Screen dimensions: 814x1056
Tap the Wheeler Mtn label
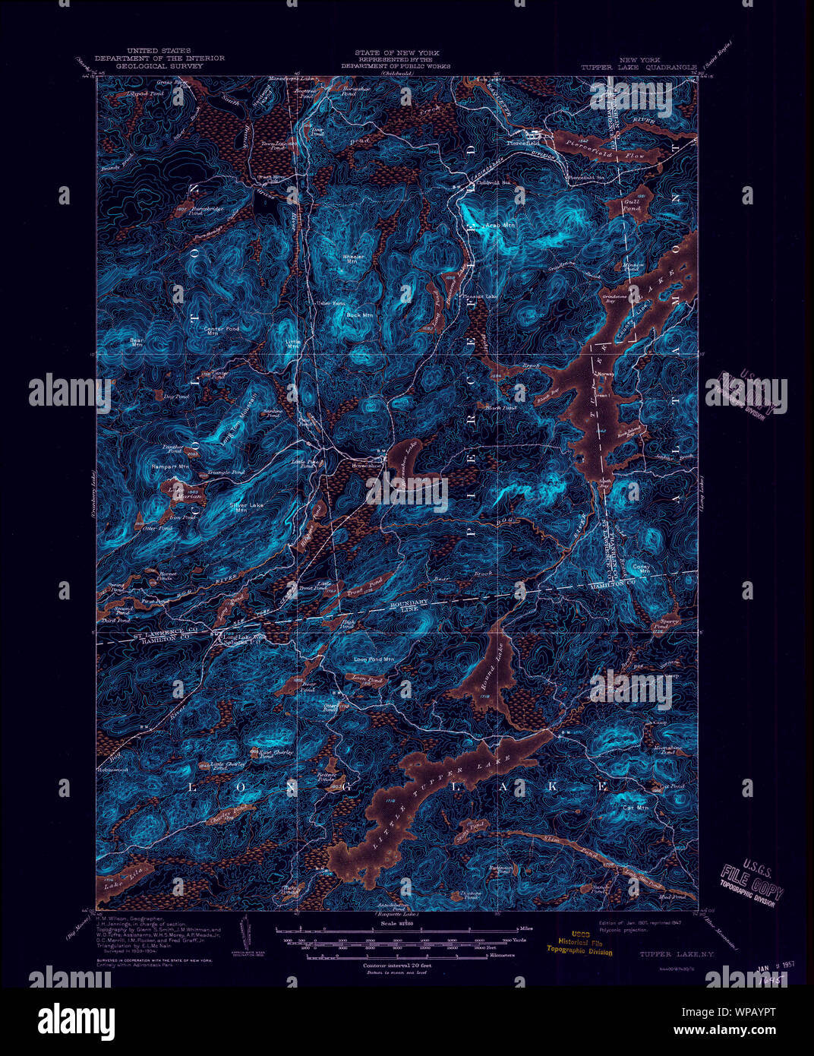point(353,259)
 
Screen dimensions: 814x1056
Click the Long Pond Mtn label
point(374,659)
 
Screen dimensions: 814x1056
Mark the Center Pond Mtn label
point(221,331)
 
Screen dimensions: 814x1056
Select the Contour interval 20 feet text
point(393,965)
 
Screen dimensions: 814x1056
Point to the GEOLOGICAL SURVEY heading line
point(159,67)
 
